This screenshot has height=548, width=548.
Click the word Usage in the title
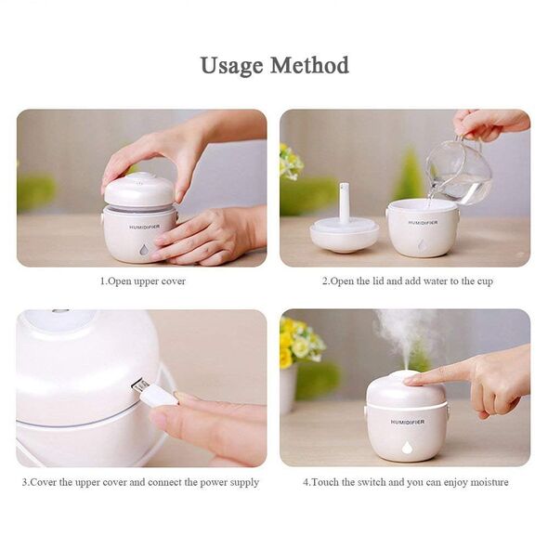point(231,66)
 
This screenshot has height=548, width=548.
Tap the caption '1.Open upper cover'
point(143,281)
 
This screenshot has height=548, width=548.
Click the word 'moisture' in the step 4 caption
point(489,482)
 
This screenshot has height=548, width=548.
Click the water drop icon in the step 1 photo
point(143,250)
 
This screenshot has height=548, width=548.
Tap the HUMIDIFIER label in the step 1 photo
point(145,228)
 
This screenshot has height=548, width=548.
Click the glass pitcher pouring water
point(460,171)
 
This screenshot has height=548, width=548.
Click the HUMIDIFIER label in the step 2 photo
point(423,223)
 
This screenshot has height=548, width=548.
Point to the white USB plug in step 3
point(156,394)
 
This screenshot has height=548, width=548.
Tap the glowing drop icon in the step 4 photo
point(407,448)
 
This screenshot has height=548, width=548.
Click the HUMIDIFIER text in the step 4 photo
point(408,422)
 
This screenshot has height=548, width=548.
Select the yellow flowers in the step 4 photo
point(300,341)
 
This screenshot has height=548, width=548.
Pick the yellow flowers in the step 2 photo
point(290,162)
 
